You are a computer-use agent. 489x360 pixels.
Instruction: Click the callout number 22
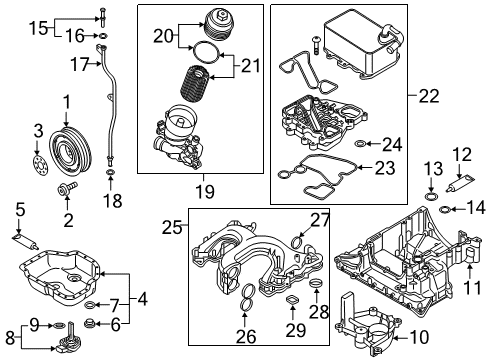(x=429, y=96)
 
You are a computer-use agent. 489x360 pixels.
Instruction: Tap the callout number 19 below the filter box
(x=205, y=192)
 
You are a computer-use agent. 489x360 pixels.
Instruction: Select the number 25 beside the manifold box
(x=172, y=228)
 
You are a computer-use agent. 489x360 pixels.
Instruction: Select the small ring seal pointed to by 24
(x=360, y=144)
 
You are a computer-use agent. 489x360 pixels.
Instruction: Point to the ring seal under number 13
(x=431, y=196)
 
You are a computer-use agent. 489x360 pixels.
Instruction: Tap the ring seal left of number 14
(x=445, y=210)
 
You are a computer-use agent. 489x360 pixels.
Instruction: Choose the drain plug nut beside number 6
(x=90, y=322)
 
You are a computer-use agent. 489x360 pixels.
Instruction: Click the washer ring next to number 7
(x=90, y=304)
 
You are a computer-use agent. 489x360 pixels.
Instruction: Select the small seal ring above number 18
(x=110, y=173)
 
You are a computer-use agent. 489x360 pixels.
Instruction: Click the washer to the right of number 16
(x=103, y=35)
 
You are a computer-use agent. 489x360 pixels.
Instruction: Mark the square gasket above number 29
(x=292, y=300)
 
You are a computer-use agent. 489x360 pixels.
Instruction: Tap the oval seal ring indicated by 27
(x=298, y=241)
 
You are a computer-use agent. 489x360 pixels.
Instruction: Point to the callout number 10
(x=419, y=337)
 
